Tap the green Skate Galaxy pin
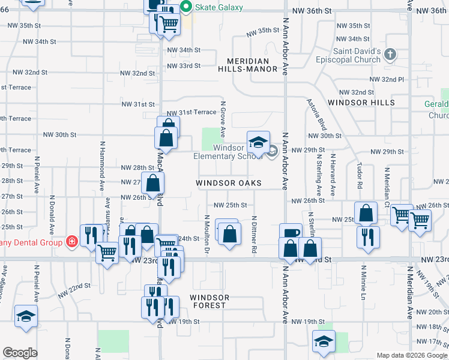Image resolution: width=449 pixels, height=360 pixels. (185, 7)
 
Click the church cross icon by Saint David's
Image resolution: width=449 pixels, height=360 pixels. (391, 55)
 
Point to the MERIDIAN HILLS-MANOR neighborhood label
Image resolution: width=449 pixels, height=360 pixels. (252, 65)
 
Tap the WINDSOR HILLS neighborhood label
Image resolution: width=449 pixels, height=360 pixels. (361, 103)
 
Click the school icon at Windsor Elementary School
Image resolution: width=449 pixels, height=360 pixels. (258, 143)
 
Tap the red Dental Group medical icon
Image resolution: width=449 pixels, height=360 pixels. (71, 241)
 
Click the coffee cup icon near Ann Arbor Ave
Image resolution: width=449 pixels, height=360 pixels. (291, 233)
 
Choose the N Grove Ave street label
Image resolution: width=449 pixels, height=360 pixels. (223, 119)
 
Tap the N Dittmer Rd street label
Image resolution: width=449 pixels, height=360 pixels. (255, 234)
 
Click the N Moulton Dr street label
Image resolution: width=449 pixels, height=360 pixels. (206, 235)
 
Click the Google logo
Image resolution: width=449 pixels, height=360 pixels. (20, 353)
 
